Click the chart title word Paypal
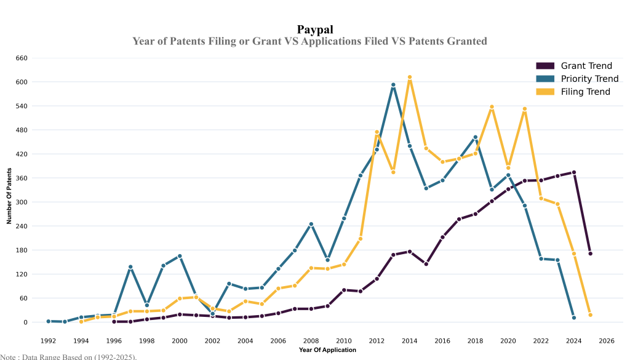pos(315,29)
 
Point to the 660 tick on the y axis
pos(22,58)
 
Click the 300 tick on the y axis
pos(22,202)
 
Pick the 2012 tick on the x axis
pos(377,341)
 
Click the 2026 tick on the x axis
pos(607,341)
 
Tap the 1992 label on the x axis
pos(48,341)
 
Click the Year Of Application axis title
pos(327,350)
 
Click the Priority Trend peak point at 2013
pos(393,85)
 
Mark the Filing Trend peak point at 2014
pos(410,78)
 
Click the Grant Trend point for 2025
pos(590,254)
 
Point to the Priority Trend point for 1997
pos(130,267)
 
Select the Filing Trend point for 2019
pos(492,106)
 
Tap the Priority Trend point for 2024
pos(573,318)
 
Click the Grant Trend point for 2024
pos(573,172)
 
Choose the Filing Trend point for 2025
pos(590,315)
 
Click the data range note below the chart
pos(68,356)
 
